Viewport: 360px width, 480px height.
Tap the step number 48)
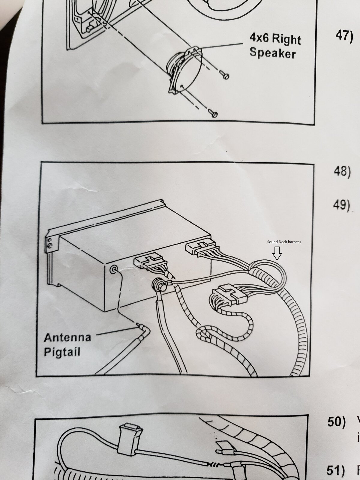(342, 172)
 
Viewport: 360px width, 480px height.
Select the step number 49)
(342, 205)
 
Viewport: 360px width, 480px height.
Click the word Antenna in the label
(67, 337)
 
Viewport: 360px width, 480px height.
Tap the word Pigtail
(62, 352)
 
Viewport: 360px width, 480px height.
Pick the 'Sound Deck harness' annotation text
(284, 241)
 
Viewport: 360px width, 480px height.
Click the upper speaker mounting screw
(225, 75)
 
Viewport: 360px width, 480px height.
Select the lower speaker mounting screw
(213, 114)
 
